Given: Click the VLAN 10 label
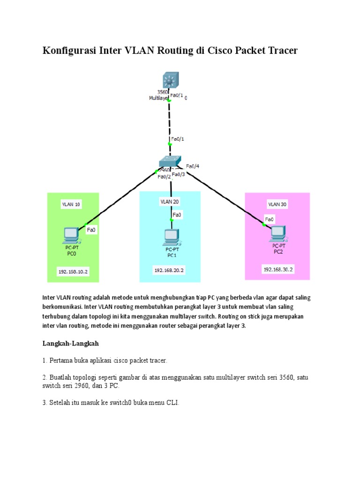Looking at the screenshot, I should click(x=71, y=204).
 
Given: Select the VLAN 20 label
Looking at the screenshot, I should click(x=170, y=201).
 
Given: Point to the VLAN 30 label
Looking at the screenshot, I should click(x=277, y=204).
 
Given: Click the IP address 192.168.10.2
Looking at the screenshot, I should click(x=73, y=271).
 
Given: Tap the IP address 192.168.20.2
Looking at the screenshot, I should click(x=169, y=270).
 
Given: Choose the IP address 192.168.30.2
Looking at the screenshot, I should click(x=278, y=270).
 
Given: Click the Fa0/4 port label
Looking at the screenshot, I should click(x=193, y=166).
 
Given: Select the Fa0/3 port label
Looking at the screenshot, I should click(x=179, y=174).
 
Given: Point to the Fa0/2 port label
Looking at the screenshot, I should click(x=164, y=177).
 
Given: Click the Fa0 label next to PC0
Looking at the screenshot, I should click(x=91, y=230).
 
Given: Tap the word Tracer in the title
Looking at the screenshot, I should click(x=280, y=51).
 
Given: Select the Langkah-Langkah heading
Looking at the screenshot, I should click(x=70, y=344).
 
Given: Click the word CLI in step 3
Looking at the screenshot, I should click(x=172, y=402).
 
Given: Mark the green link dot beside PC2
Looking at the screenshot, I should click(x=264, y=225).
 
